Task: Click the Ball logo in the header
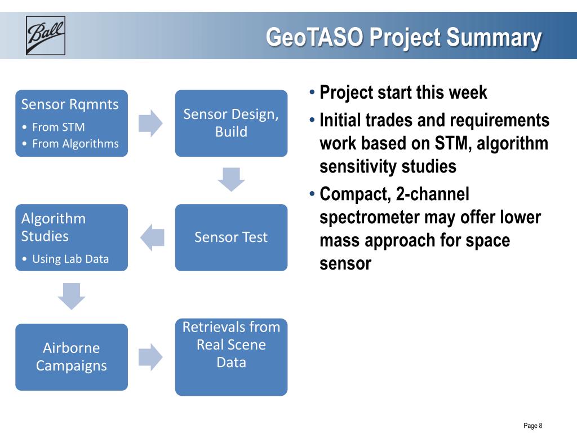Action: pyautogui.click(x=46, y=36)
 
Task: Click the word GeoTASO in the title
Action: pyautogui.click(x=314, y=37)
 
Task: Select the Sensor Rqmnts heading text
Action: pyautogui.click(x=70, y=104)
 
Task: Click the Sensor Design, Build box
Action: pyautogui.click(x=231, y=123)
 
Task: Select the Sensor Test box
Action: pyautogui.click(x=231, y=237)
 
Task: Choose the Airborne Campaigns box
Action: pyautogui.click(x=72, y=357)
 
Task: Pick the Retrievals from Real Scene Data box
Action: pyautogui.click(x=231, y=357)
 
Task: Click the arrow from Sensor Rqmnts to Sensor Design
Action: pyautogui.click(x=150, y=123)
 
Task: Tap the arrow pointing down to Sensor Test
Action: pyautogui.click(x=231, y=179)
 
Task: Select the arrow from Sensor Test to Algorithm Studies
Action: pyautogui.click(x=152, y=237)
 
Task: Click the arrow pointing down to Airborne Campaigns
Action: pyautogui.click(x=72, y=296)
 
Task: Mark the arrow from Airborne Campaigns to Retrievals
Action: pyautogui.click(x=150, y=357)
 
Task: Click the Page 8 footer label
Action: pyautogui.click(x=533, y=426)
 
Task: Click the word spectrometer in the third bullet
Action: pyautogui.click(x=369, y=218)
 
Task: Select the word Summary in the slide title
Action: pyautogui.click(x=494, y=38)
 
